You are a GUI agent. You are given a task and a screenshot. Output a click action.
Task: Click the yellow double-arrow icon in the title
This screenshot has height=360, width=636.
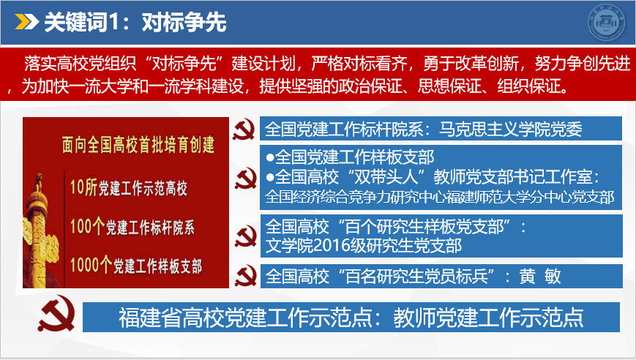(26, 22)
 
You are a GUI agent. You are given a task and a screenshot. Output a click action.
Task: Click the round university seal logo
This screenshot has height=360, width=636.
(607, 22)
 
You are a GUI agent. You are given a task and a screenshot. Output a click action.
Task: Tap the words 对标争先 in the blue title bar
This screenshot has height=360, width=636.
(184, 22)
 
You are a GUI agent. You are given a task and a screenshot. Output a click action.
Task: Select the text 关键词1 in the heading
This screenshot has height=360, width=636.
(81, 22)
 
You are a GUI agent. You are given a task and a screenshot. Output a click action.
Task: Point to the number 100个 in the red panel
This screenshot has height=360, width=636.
(87, 226)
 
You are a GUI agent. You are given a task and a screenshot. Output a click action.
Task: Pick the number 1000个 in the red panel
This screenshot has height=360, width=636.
(91, 265)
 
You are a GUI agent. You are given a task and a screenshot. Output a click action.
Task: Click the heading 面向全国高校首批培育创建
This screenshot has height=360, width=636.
(138, 145)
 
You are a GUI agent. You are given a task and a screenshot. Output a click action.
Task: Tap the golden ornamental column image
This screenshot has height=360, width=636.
(40, 231)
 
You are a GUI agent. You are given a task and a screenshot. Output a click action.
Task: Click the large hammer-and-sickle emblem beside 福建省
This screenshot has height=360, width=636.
(57, 313)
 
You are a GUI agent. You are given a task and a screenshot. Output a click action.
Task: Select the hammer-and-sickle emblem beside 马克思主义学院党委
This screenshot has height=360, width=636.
(244, 130)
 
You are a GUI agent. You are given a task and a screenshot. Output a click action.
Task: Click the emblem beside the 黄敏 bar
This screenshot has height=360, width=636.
(246, 276)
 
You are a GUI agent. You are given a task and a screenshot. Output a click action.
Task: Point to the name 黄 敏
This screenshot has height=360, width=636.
(540, 277)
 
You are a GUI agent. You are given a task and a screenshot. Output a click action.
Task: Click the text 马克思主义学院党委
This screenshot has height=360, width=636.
(511, 130)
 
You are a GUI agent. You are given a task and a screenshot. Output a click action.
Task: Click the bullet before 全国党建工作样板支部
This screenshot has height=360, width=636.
(270, 157)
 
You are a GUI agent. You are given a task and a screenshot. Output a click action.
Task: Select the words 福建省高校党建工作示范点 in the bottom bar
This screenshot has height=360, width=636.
(245, 318)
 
